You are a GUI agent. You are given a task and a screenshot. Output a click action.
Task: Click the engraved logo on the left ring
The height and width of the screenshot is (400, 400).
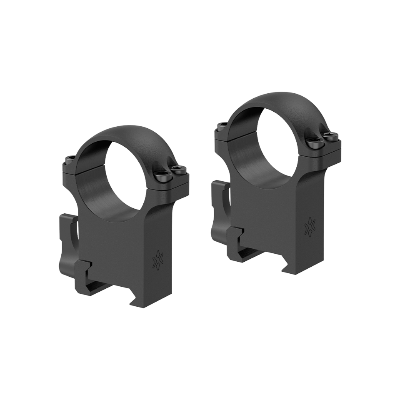pos(157,260)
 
